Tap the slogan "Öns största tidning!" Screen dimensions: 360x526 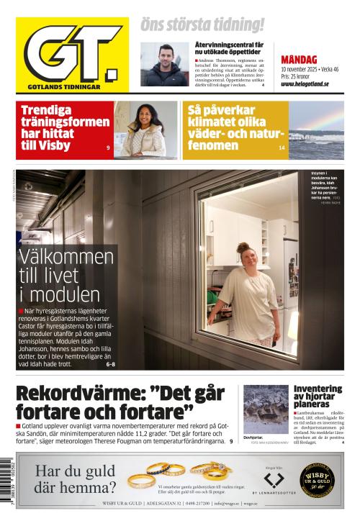pos(202,25)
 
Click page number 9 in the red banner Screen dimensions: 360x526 pos(107,148)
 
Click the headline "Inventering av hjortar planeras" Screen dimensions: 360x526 pos(318,396)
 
